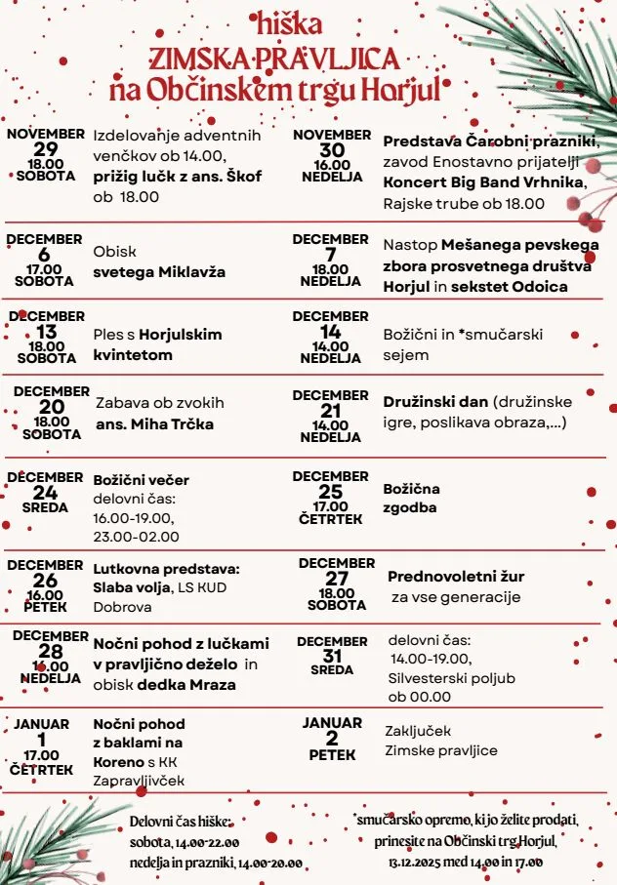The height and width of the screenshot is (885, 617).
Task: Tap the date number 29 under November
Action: (x=46, y=149)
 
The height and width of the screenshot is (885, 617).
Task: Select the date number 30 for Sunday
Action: (x=332, y=149)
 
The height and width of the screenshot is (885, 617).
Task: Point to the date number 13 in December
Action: (x=46, y=332)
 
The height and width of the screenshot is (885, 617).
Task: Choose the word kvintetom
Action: (x=133, y=355)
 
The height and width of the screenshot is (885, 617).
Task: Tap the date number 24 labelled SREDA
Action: (x=46, y=493)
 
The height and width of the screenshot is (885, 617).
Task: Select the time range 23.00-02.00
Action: (x=136, y=536)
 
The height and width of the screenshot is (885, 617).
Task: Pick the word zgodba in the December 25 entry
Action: (x=410, y=508)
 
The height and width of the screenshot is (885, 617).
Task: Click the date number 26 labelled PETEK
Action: (x=46, y=581)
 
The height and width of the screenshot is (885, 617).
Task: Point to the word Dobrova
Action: (x=122, y=607)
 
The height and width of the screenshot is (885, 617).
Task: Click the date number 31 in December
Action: (x=332, y=656)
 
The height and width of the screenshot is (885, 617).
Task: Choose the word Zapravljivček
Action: (x=139, y=781)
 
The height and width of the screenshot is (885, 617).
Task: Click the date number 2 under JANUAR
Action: (x=332, y=738)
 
